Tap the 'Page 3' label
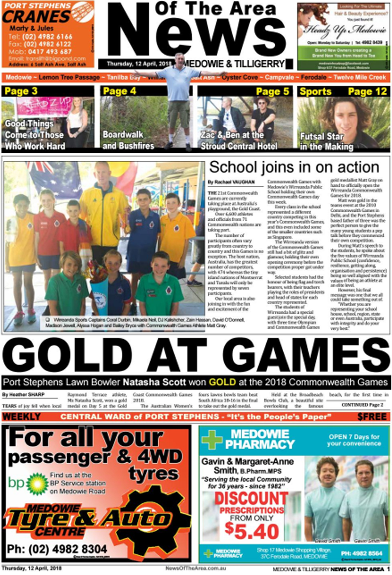click(x=21, y=91)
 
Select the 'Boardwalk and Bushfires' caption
click(x=128, y=140)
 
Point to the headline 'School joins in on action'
click(x=294, y=167)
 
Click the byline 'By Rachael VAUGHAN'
click(x=231, y=182)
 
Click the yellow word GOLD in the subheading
click(x=222, y=382)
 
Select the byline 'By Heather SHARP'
click(x=23, y=394)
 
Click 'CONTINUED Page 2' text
click(x=362, y=404)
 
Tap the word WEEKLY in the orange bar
click(x=21, y=417)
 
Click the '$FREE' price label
click(x=372, y=417)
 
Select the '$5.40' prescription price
click(x=252, y=531)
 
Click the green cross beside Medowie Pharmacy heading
click(x=213, y=440)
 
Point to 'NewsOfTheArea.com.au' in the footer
click(x=196, y=568)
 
